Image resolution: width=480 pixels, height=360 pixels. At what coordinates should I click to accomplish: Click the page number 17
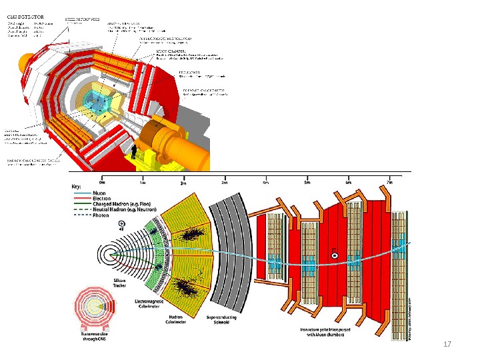click(447, 344)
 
